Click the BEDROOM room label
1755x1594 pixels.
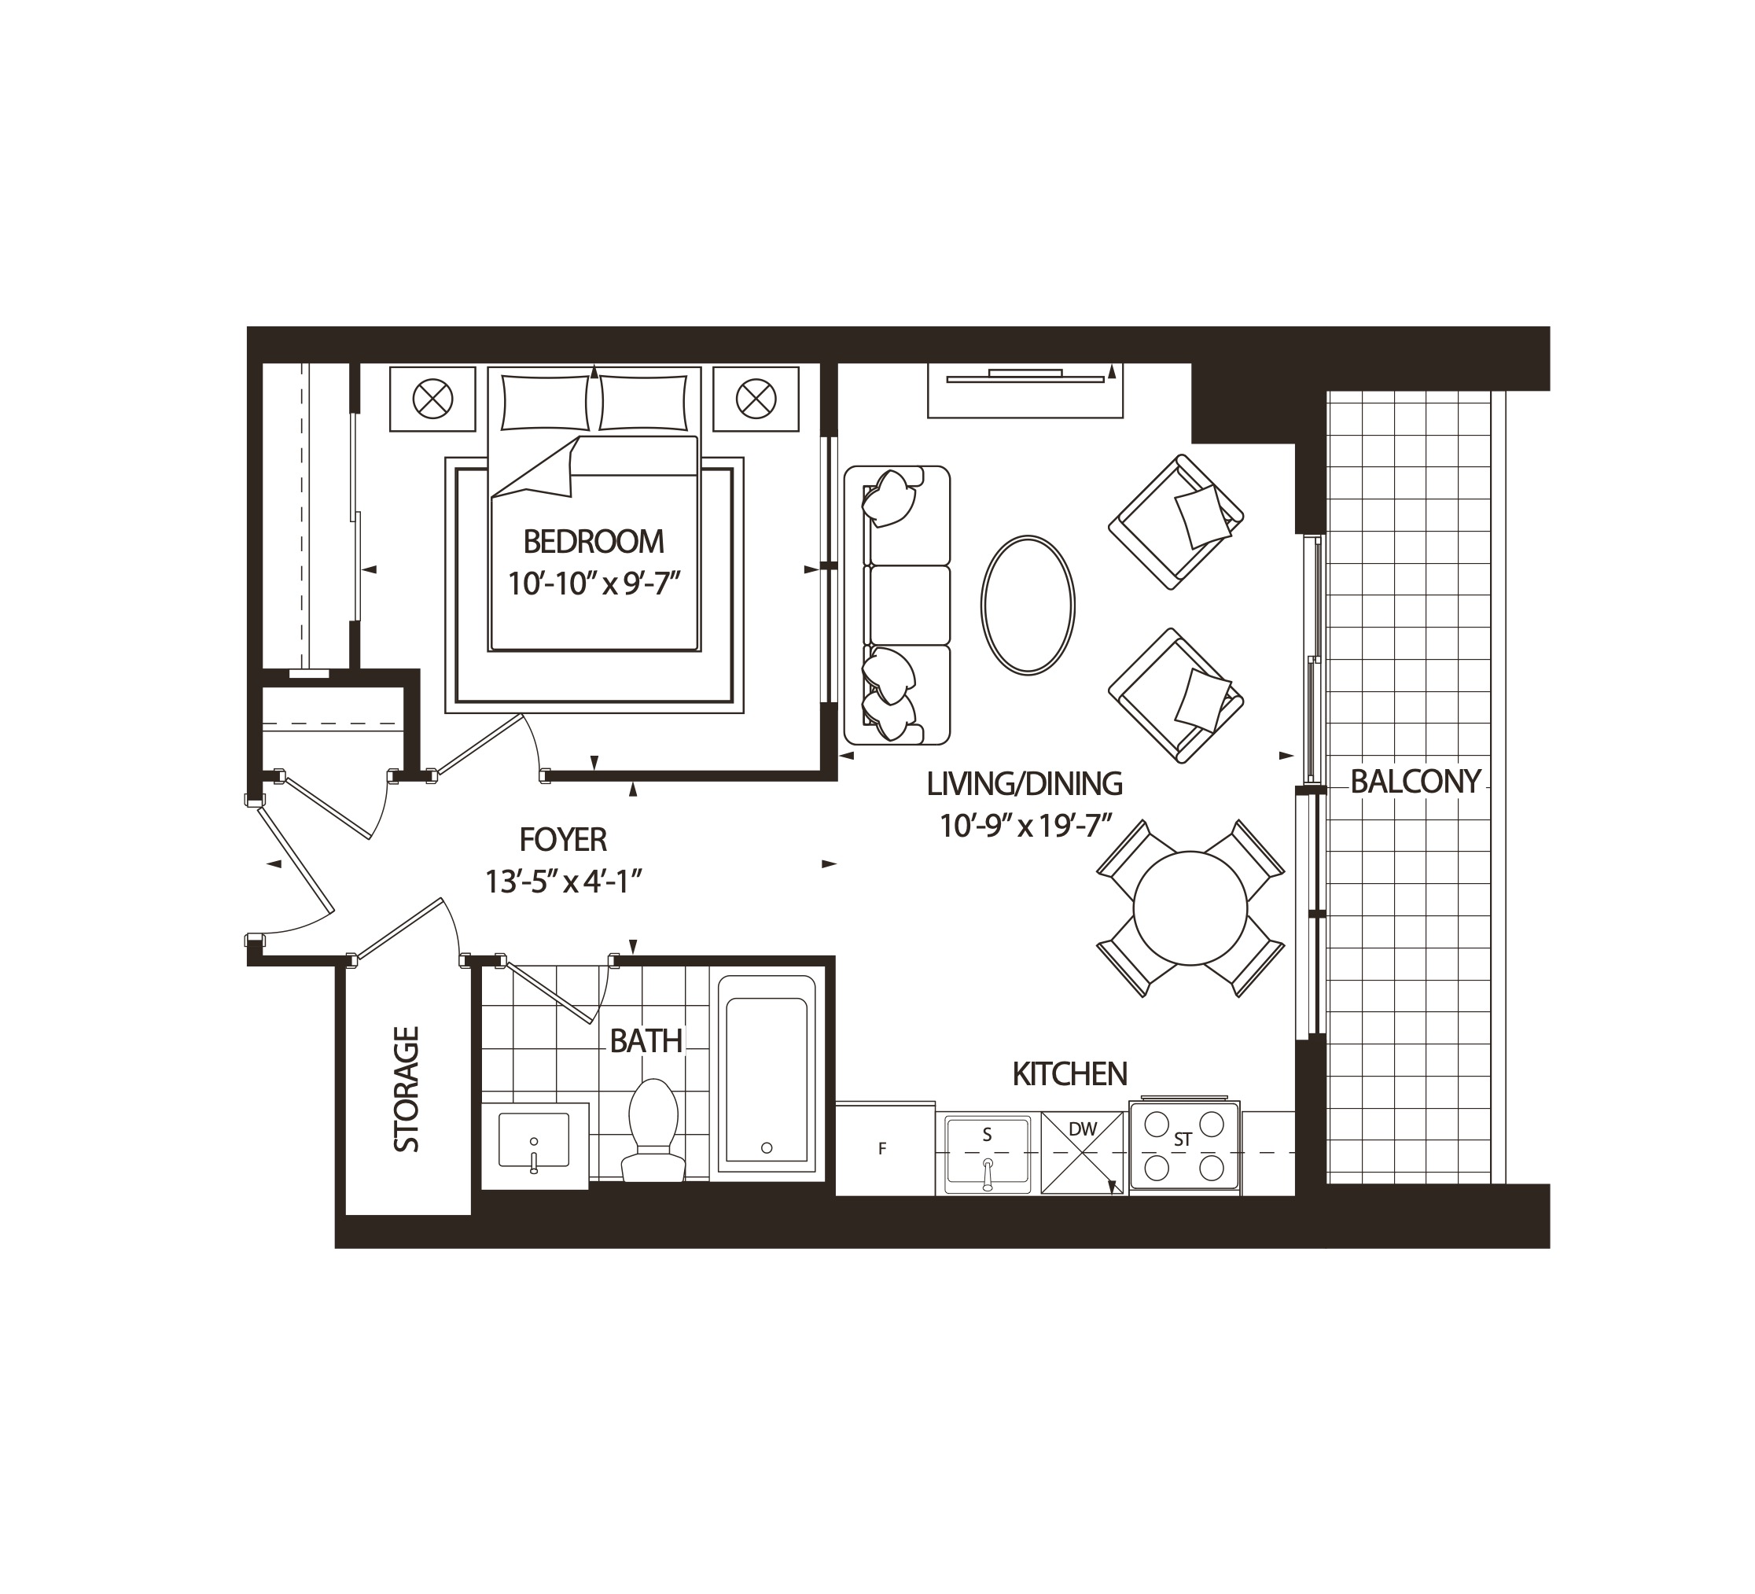point(593,542)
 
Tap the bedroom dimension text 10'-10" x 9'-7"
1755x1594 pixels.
point(593,583)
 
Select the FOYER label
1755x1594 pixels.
point(563,839)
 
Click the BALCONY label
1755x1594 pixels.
point(1415,782)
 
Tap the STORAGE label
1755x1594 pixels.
point(407,1089)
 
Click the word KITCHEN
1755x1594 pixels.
point(1069,1074)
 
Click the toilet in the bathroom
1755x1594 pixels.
point(653,1128)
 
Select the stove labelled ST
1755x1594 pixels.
point(1184,1147)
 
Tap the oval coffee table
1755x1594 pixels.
point(1027,604)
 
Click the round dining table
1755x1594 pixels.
point(1190,908)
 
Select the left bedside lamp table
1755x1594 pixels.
point(432,399)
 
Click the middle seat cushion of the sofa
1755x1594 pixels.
point(909,604)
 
